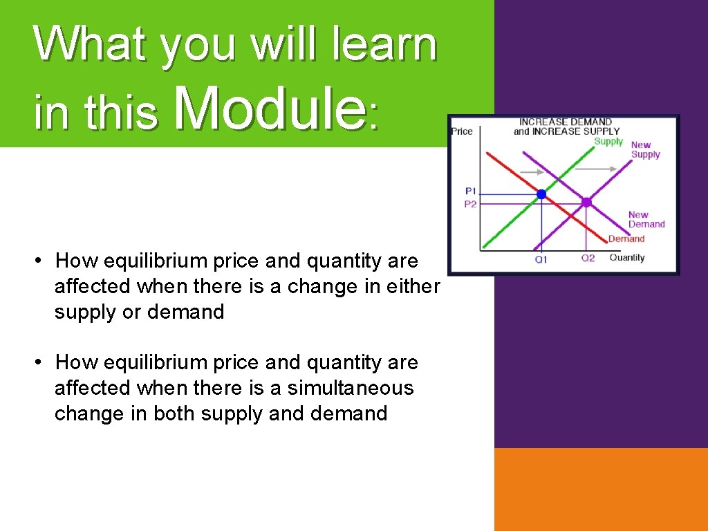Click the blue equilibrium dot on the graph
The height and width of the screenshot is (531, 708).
click(541, 194)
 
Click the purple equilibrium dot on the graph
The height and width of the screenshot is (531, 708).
click(586, 203)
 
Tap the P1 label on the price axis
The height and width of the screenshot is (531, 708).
click(470, 191)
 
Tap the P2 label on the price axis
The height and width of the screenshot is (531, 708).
click(470, 204)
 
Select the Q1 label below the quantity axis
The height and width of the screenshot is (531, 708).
click(541, 259)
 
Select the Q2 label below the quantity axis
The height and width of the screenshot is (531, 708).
click(588, 258)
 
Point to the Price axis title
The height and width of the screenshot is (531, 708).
click(462, 131)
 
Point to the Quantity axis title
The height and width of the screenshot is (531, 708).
click(626, 258)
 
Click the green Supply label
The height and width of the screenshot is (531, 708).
click(608, 142)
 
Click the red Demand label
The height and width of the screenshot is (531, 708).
click(626, 239)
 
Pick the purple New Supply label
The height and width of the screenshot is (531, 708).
click(645, 150)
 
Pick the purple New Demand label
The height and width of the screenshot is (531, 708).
click(646, 219)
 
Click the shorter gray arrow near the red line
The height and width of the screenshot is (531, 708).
click(531, 171)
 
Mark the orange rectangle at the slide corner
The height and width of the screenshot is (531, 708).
click(601, 489)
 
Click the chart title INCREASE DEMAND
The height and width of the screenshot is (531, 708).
click(565, 122)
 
